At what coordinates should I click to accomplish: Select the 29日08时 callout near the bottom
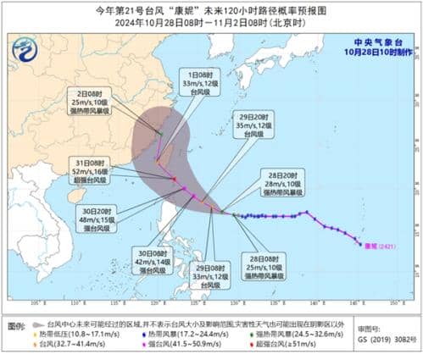[202, 277]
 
